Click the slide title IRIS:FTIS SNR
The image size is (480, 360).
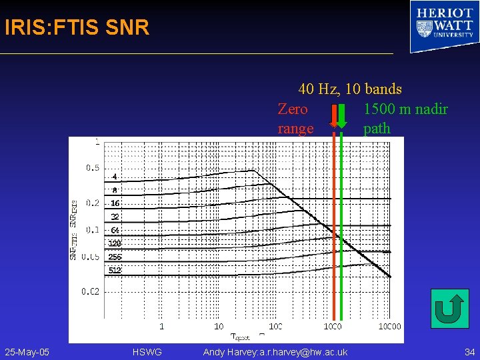pyautogui.click(x=77, y=28)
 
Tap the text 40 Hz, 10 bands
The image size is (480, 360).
pyautogui.click(x=350, y=89)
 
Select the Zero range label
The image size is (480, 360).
pyautogui.click(x=295, y=119)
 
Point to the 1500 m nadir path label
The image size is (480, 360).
pyautogui.click(x=405, y=119)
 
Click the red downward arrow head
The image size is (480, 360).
pyautogui.click(x=333, y=124)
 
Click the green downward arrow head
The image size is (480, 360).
pyautogui.click(x=341, y=124)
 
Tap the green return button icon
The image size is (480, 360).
pyautogui.click(x=449, y=308)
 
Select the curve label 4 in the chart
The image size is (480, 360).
pyautogui.click(x=115, y=177)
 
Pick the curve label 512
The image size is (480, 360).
pyautogui.click(x=115, y=270)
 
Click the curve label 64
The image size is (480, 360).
pyautogui.click(x=115, y=230)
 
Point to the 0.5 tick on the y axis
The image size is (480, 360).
pyautogui.click(x=92, y=168)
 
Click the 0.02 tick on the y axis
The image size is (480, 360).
pyautogui.click(x=91, y=291)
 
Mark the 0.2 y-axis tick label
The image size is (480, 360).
pyautogui.click(x=92, y=203)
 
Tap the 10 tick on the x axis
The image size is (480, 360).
pyautogui.click(x=219, y=326)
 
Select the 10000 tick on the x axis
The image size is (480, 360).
pyautogui.click(x=389, y=326)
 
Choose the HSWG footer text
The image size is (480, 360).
pyautogui.click(x=147, y=351)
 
